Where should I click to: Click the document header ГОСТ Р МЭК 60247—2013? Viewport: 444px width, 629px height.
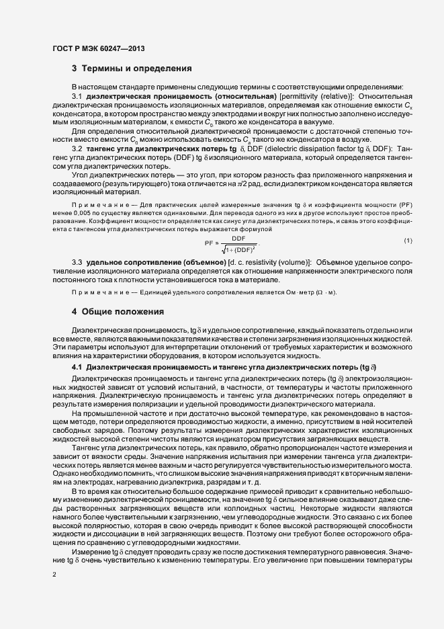pos(98,49)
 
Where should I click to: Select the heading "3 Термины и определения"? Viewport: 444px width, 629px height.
pos(132,69)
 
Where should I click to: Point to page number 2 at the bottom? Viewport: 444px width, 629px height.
pos(54,575)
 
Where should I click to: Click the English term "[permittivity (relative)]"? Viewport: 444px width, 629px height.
pos(308,97)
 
